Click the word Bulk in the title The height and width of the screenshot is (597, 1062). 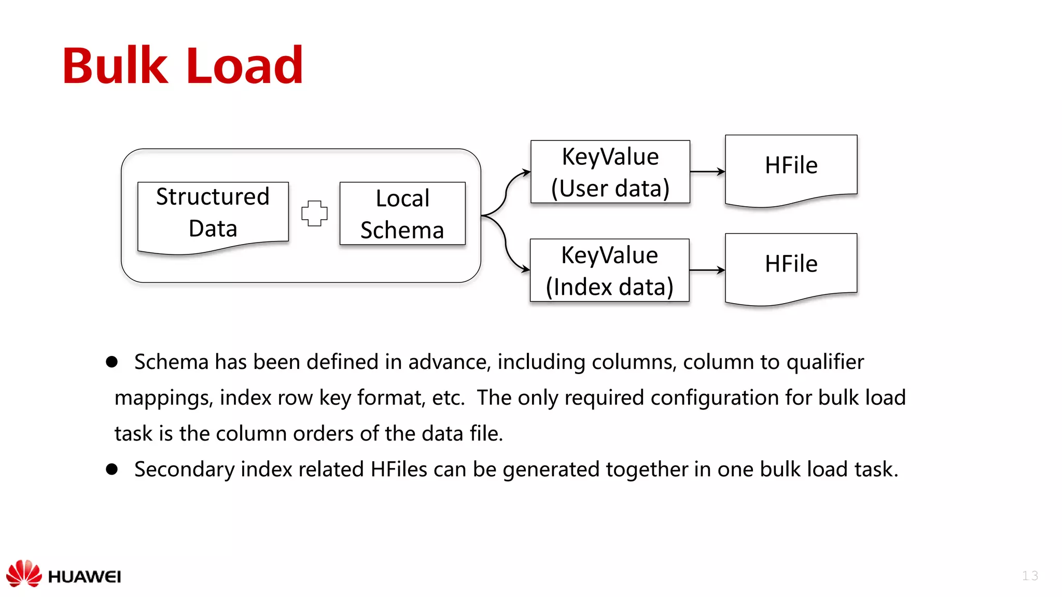pos(115,66)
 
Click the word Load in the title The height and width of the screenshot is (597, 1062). pos(244,66)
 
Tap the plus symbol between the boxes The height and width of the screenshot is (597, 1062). pos(314,213)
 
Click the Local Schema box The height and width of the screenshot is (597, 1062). pos(402,214)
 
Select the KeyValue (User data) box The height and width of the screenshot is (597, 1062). pos(610,172)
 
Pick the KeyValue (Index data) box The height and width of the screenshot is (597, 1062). pos(609,271)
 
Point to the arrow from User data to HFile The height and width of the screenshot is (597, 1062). pos(707,172)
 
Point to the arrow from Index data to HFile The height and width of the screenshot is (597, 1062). pos(707,270)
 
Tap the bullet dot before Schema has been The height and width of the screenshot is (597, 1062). pos(111,362)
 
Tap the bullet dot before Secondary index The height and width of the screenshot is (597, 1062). pos(111,470)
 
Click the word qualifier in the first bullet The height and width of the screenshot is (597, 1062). pos(825,362)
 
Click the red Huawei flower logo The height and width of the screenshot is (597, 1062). pos(24,574)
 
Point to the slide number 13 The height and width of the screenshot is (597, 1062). pos(1030,576)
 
